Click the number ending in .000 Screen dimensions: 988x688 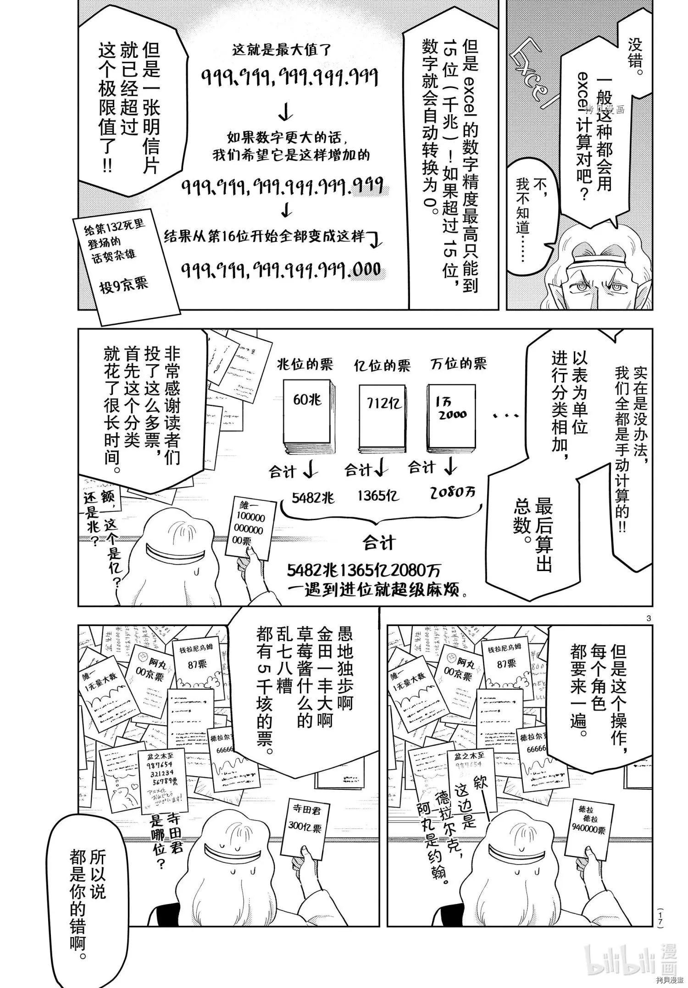[x=281, y=269]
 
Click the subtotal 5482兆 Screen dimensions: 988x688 [x=313, y=497]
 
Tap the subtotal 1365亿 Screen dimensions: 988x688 [x=378, y=496]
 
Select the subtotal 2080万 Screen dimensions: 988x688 [x=453, y=493]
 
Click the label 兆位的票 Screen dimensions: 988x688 [x=305, y=365]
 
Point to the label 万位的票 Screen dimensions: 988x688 [x=459, y=364]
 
